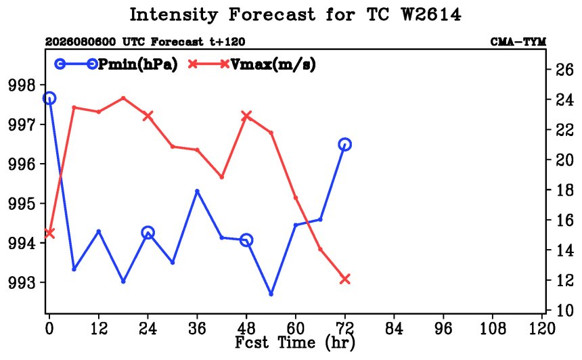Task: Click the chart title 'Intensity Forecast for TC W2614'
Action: click(295, 15)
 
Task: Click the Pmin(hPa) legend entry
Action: click(116, 64)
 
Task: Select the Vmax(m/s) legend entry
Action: click(252, 64)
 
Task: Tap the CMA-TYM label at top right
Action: click(518, 41)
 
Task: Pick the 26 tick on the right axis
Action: click(564, 70)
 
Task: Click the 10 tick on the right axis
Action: click(564, 311)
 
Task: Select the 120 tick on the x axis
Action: click(542, 328)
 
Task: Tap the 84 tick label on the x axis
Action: click(394, 328)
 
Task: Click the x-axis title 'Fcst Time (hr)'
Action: click(295, 342)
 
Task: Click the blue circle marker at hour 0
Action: click(49, 98)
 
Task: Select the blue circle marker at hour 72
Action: click(345, 144)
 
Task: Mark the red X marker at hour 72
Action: click(345, 279)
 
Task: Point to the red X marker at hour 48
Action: click(246, 116)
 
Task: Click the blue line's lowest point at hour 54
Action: click(271, 294)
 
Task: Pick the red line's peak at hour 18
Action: click(123, 98)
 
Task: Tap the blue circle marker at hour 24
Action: click(148, 233)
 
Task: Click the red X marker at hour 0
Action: click(49, 233)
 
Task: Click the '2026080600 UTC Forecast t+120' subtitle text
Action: click(145, 41)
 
